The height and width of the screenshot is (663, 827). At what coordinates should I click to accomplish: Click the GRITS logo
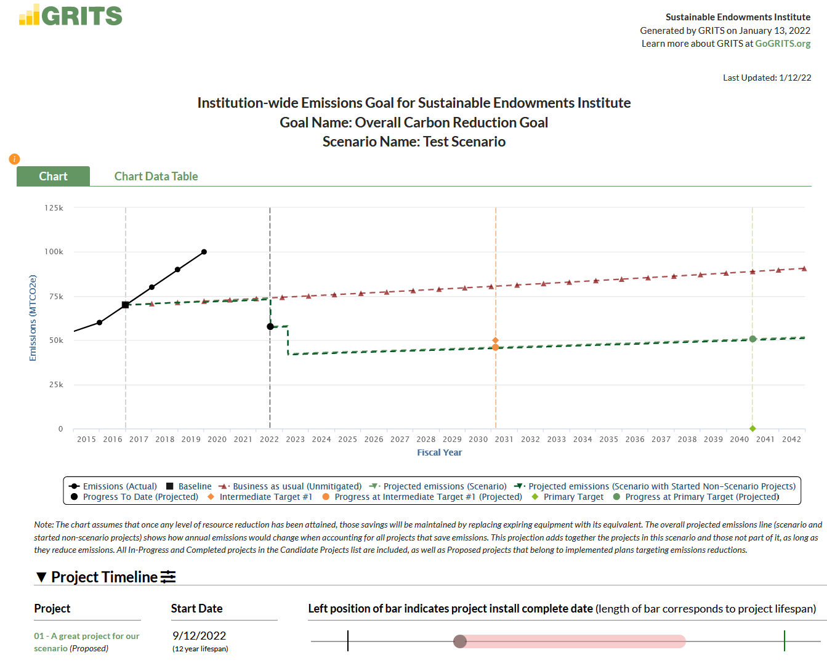point(71,15)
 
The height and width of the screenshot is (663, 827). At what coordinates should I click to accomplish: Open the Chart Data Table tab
point(156,177)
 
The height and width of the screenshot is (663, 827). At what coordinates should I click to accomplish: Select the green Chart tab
point(54,177)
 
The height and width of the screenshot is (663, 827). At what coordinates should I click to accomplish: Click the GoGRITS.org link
point(783,44)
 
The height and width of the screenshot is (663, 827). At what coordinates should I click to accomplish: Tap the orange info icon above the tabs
point(14,159)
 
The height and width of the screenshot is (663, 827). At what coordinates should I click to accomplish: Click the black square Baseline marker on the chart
point(126,305)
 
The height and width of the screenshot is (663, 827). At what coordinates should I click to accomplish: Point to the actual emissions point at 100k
point(204,252)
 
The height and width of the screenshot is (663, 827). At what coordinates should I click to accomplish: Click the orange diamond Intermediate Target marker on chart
point(495,340)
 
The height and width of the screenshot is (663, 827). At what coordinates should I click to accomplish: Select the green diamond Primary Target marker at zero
point(752,428)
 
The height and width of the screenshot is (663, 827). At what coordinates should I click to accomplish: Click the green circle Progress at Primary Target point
point(752,339)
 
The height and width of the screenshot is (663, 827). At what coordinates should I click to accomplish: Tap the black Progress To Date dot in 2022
point(270,326)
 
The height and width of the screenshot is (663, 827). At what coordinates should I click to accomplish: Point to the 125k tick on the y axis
point(54,208)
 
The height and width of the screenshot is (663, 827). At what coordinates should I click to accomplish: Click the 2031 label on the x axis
point(504,440)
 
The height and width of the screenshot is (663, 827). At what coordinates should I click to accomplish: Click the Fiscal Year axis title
point(439,452)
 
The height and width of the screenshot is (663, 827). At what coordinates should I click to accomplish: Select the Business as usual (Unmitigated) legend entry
point(296,486)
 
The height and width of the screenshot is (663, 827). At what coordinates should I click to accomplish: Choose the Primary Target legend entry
point(573,497)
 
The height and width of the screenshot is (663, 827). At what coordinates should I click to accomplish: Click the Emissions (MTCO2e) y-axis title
point(33,318)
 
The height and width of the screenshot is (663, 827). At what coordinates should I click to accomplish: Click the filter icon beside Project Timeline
point(168,577)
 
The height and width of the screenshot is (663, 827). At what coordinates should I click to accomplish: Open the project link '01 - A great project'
point(86,636)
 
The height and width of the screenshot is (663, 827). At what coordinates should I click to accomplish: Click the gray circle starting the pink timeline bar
point(460,641)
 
